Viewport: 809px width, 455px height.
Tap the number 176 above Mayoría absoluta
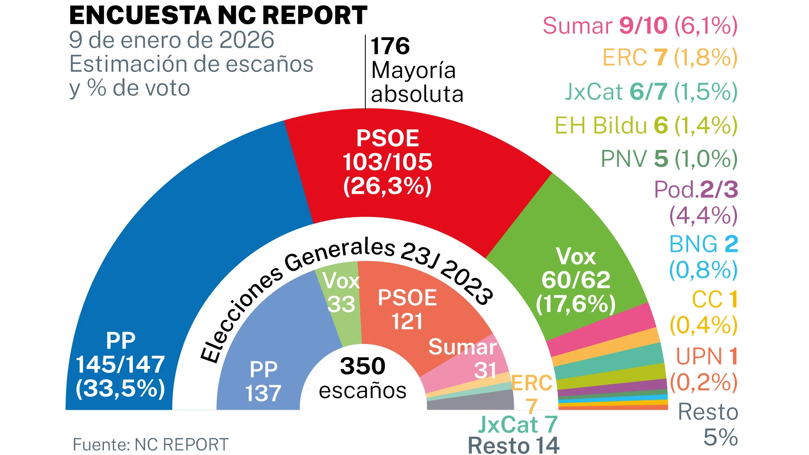click(x=390, y=46)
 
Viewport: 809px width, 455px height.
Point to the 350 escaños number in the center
click(x=363, y=366)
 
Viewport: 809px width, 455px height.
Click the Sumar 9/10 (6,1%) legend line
click(x=640, y=26)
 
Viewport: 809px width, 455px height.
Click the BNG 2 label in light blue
click(x=703, y=244)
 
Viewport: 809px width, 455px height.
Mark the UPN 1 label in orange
click(x=707, y=356)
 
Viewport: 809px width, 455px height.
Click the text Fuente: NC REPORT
click(x=151, y=445)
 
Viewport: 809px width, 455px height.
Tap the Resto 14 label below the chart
click(x=514, y=446)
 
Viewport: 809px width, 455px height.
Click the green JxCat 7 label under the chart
click(x=518, y=424)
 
